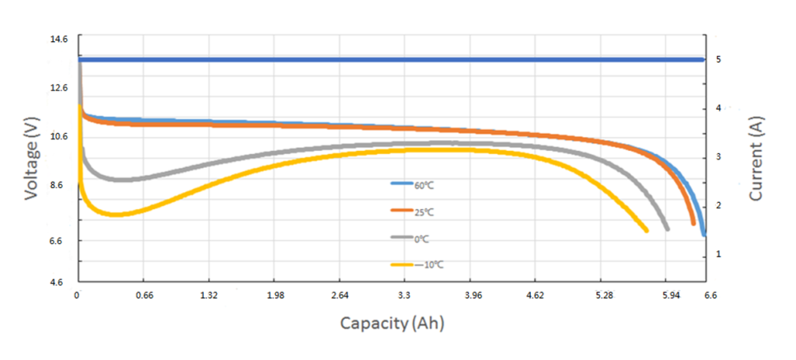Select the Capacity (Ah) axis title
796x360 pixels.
pos(393,322)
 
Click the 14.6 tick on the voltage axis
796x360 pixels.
pos(60,38)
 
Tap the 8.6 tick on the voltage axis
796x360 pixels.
pos(60,187)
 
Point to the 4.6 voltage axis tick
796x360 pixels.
pos(60,283)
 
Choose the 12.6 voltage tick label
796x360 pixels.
pos(60,88)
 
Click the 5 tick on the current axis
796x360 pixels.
pos(719,59)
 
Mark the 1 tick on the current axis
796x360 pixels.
pos(719,254)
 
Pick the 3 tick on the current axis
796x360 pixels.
pos(719,157)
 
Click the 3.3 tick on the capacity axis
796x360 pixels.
pos(405,295)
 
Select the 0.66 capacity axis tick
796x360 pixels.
pos(142,295)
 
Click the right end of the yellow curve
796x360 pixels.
pos(646,229)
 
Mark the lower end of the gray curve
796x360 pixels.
pos(667,228)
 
